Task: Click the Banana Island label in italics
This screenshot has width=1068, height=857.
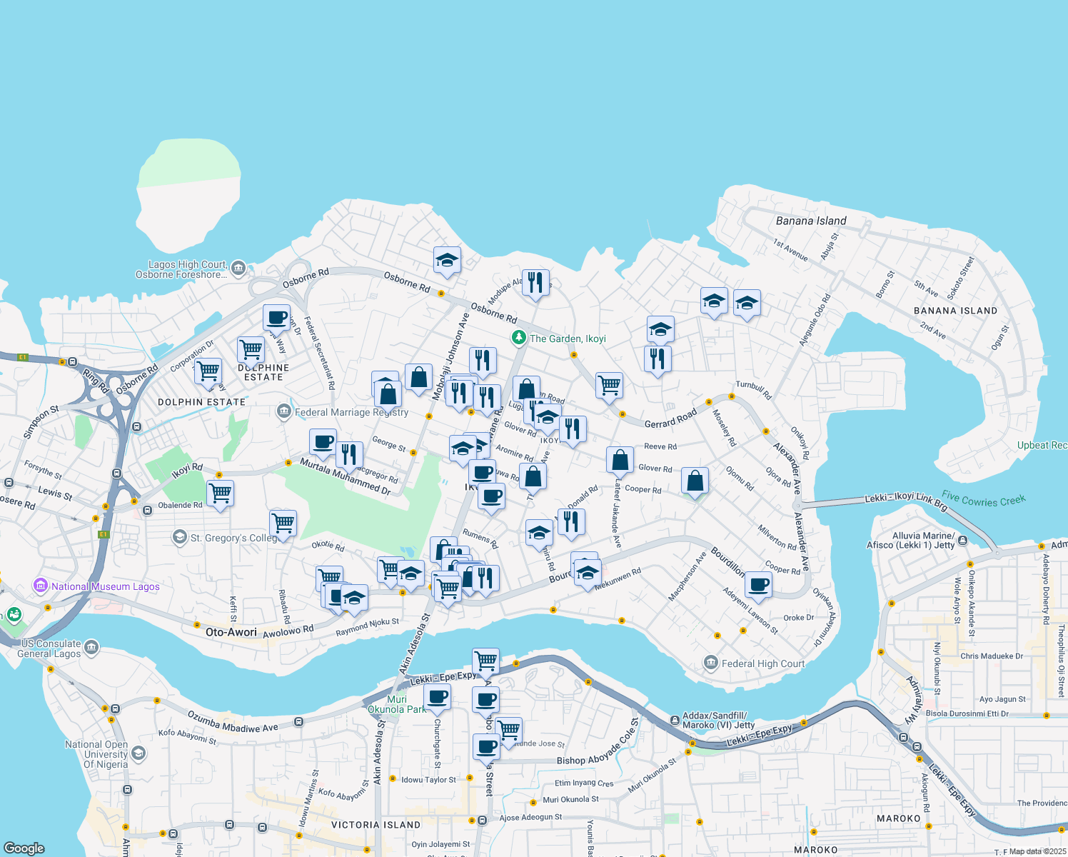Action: pos(811,221)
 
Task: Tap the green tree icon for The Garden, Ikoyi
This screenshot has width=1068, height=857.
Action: pos(519,338)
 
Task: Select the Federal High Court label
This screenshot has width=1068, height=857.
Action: pos(762,663)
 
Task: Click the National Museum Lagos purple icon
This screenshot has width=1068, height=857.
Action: pos(41,586)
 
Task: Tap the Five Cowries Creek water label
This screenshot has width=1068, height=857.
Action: pos(983,498)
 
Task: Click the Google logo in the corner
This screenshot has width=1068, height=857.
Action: pos(24,848)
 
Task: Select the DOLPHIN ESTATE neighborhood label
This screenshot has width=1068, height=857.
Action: pos(201,402)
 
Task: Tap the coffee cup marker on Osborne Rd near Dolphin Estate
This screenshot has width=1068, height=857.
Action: pos(276,317)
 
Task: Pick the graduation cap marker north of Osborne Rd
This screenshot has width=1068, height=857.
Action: pos(447,261)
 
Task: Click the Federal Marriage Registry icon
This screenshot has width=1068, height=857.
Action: pos(284,412)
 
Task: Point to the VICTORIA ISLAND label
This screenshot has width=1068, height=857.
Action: pos(376,825)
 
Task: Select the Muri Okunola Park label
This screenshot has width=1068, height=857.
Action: pos(396,704)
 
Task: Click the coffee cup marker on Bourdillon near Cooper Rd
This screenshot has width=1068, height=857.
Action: pos(758,585)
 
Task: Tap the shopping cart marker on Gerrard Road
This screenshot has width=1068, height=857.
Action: pos(609,385)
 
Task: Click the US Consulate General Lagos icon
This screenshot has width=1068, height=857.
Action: pos(91,648)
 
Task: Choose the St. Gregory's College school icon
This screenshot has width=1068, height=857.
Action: pos(180,537)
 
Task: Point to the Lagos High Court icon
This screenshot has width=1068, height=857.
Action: pos(238,269)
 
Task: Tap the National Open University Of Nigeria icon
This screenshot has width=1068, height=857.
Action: pos(138,753)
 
